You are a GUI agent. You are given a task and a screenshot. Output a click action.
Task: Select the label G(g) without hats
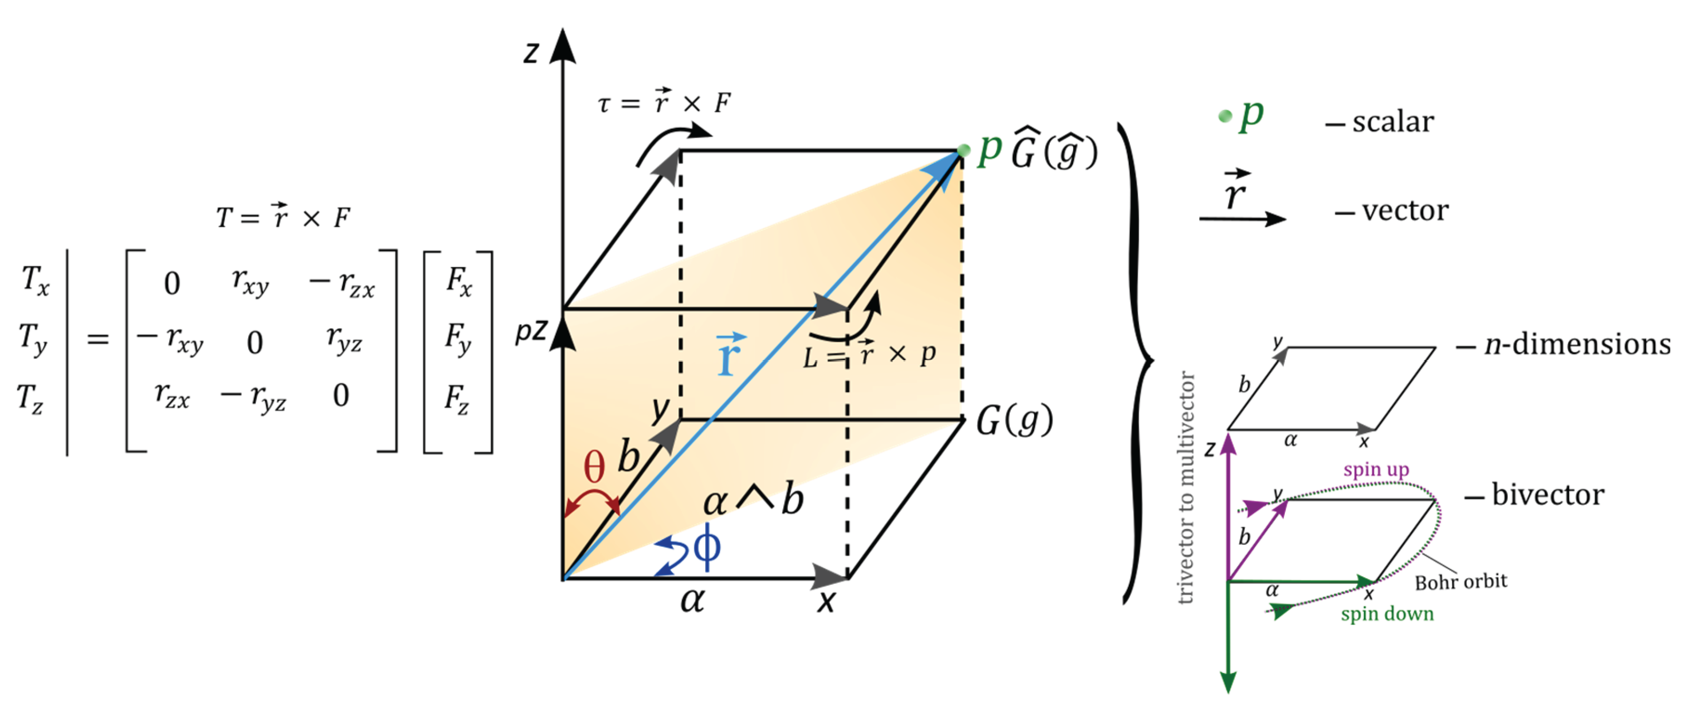coord(1014,421)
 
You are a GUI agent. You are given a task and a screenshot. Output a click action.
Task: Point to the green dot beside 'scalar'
coord(1224,116)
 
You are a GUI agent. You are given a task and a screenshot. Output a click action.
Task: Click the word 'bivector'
coord(1547,495)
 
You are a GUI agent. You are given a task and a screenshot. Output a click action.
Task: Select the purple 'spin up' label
coord(1376,469)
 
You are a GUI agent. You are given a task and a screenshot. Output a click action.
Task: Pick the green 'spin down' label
coord(1387,614)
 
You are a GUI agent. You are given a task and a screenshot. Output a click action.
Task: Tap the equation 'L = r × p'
coord(869,355)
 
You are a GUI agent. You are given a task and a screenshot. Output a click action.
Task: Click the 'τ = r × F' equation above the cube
coord(663,102)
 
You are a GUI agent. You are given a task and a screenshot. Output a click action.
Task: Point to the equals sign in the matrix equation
coord(98,339)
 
